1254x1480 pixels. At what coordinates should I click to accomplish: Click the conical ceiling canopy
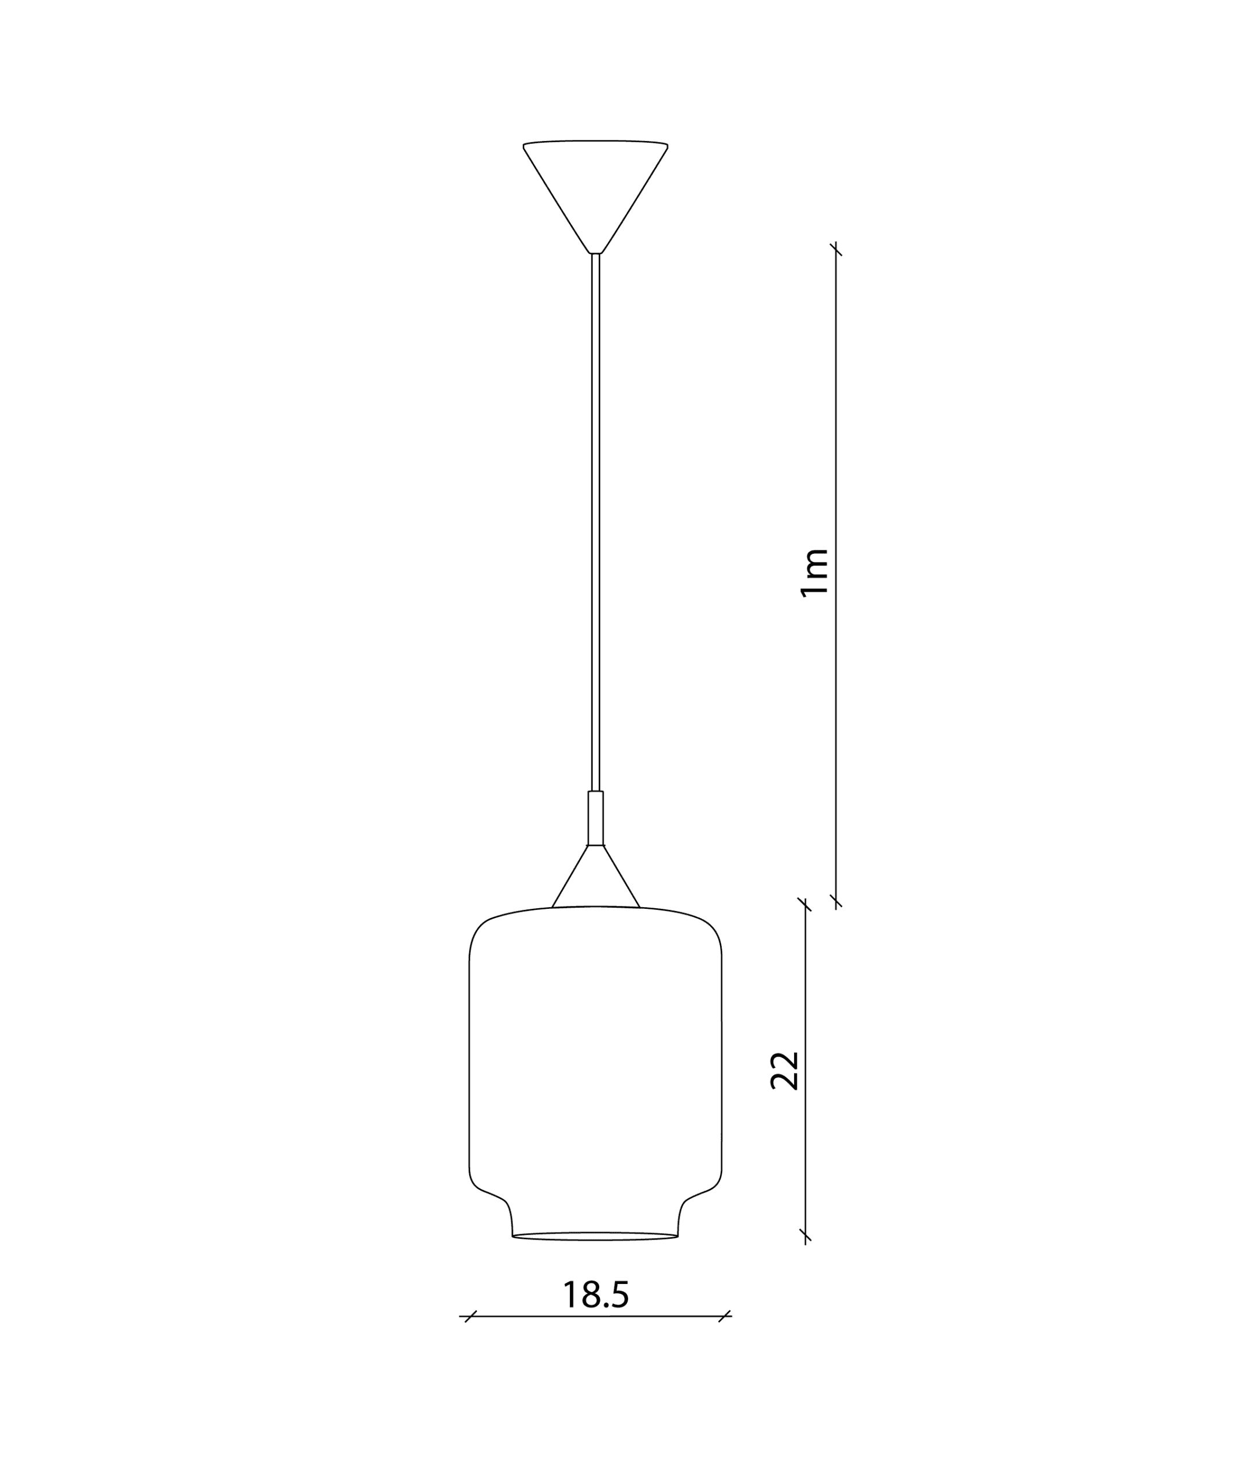[x=596, y=197]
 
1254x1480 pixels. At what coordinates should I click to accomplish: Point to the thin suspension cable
[x=596, y=523]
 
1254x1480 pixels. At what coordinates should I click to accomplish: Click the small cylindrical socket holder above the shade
[x=596, y=819]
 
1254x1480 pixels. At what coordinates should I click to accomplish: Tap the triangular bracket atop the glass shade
[x=596, y=876]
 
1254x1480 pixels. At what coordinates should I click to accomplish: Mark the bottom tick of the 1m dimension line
[x=836, y=902]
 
